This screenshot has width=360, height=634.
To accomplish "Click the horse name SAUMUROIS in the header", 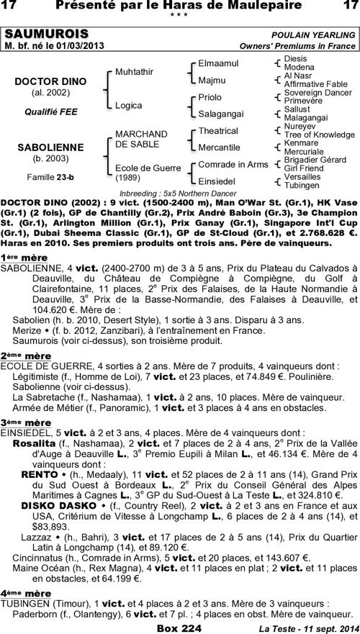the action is [47, 35].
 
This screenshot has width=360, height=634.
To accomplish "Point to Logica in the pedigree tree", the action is [129, 104].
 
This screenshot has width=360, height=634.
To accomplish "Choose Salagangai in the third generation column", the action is [221, 113].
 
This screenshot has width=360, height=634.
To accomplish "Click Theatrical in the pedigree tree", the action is [217, 131].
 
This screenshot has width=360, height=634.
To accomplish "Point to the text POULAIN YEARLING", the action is [313, 35].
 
